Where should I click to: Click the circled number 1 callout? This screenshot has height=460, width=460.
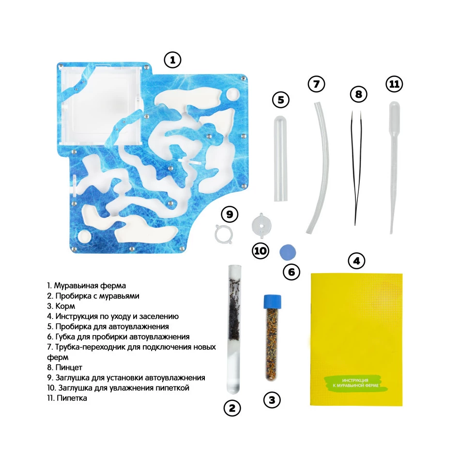coord(172,60)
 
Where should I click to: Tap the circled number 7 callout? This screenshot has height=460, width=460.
coord(316,84)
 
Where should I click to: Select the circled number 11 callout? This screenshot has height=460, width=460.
coord(394,84)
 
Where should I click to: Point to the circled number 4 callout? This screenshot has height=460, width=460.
coord(356,261)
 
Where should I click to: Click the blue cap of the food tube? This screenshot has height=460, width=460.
coord(272,302)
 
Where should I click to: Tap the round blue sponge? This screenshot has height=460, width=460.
coord(288,253)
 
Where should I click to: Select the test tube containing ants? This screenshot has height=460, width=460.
coord(234,329)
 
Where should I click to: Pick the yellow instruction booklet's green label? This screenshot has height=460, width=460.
coord(356,383)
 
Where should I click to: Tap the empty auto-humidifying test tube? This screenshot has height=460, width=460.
coord(281,159)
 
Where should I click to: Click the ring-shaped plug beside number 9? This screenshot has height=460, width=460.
coord(224,234)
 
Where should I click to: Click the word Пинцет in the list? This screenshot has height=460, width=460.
coord(69,368)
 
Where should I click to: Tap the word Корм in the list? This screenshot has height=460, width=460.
coord(65,306)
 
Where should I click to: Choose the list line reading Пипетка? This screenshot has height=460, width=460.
coord(67,398)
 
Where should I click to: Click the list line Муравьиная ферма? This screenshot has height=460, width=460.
coord(87,286)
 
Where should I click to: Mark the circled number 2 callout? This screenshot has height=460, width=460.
coord(232,408)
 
